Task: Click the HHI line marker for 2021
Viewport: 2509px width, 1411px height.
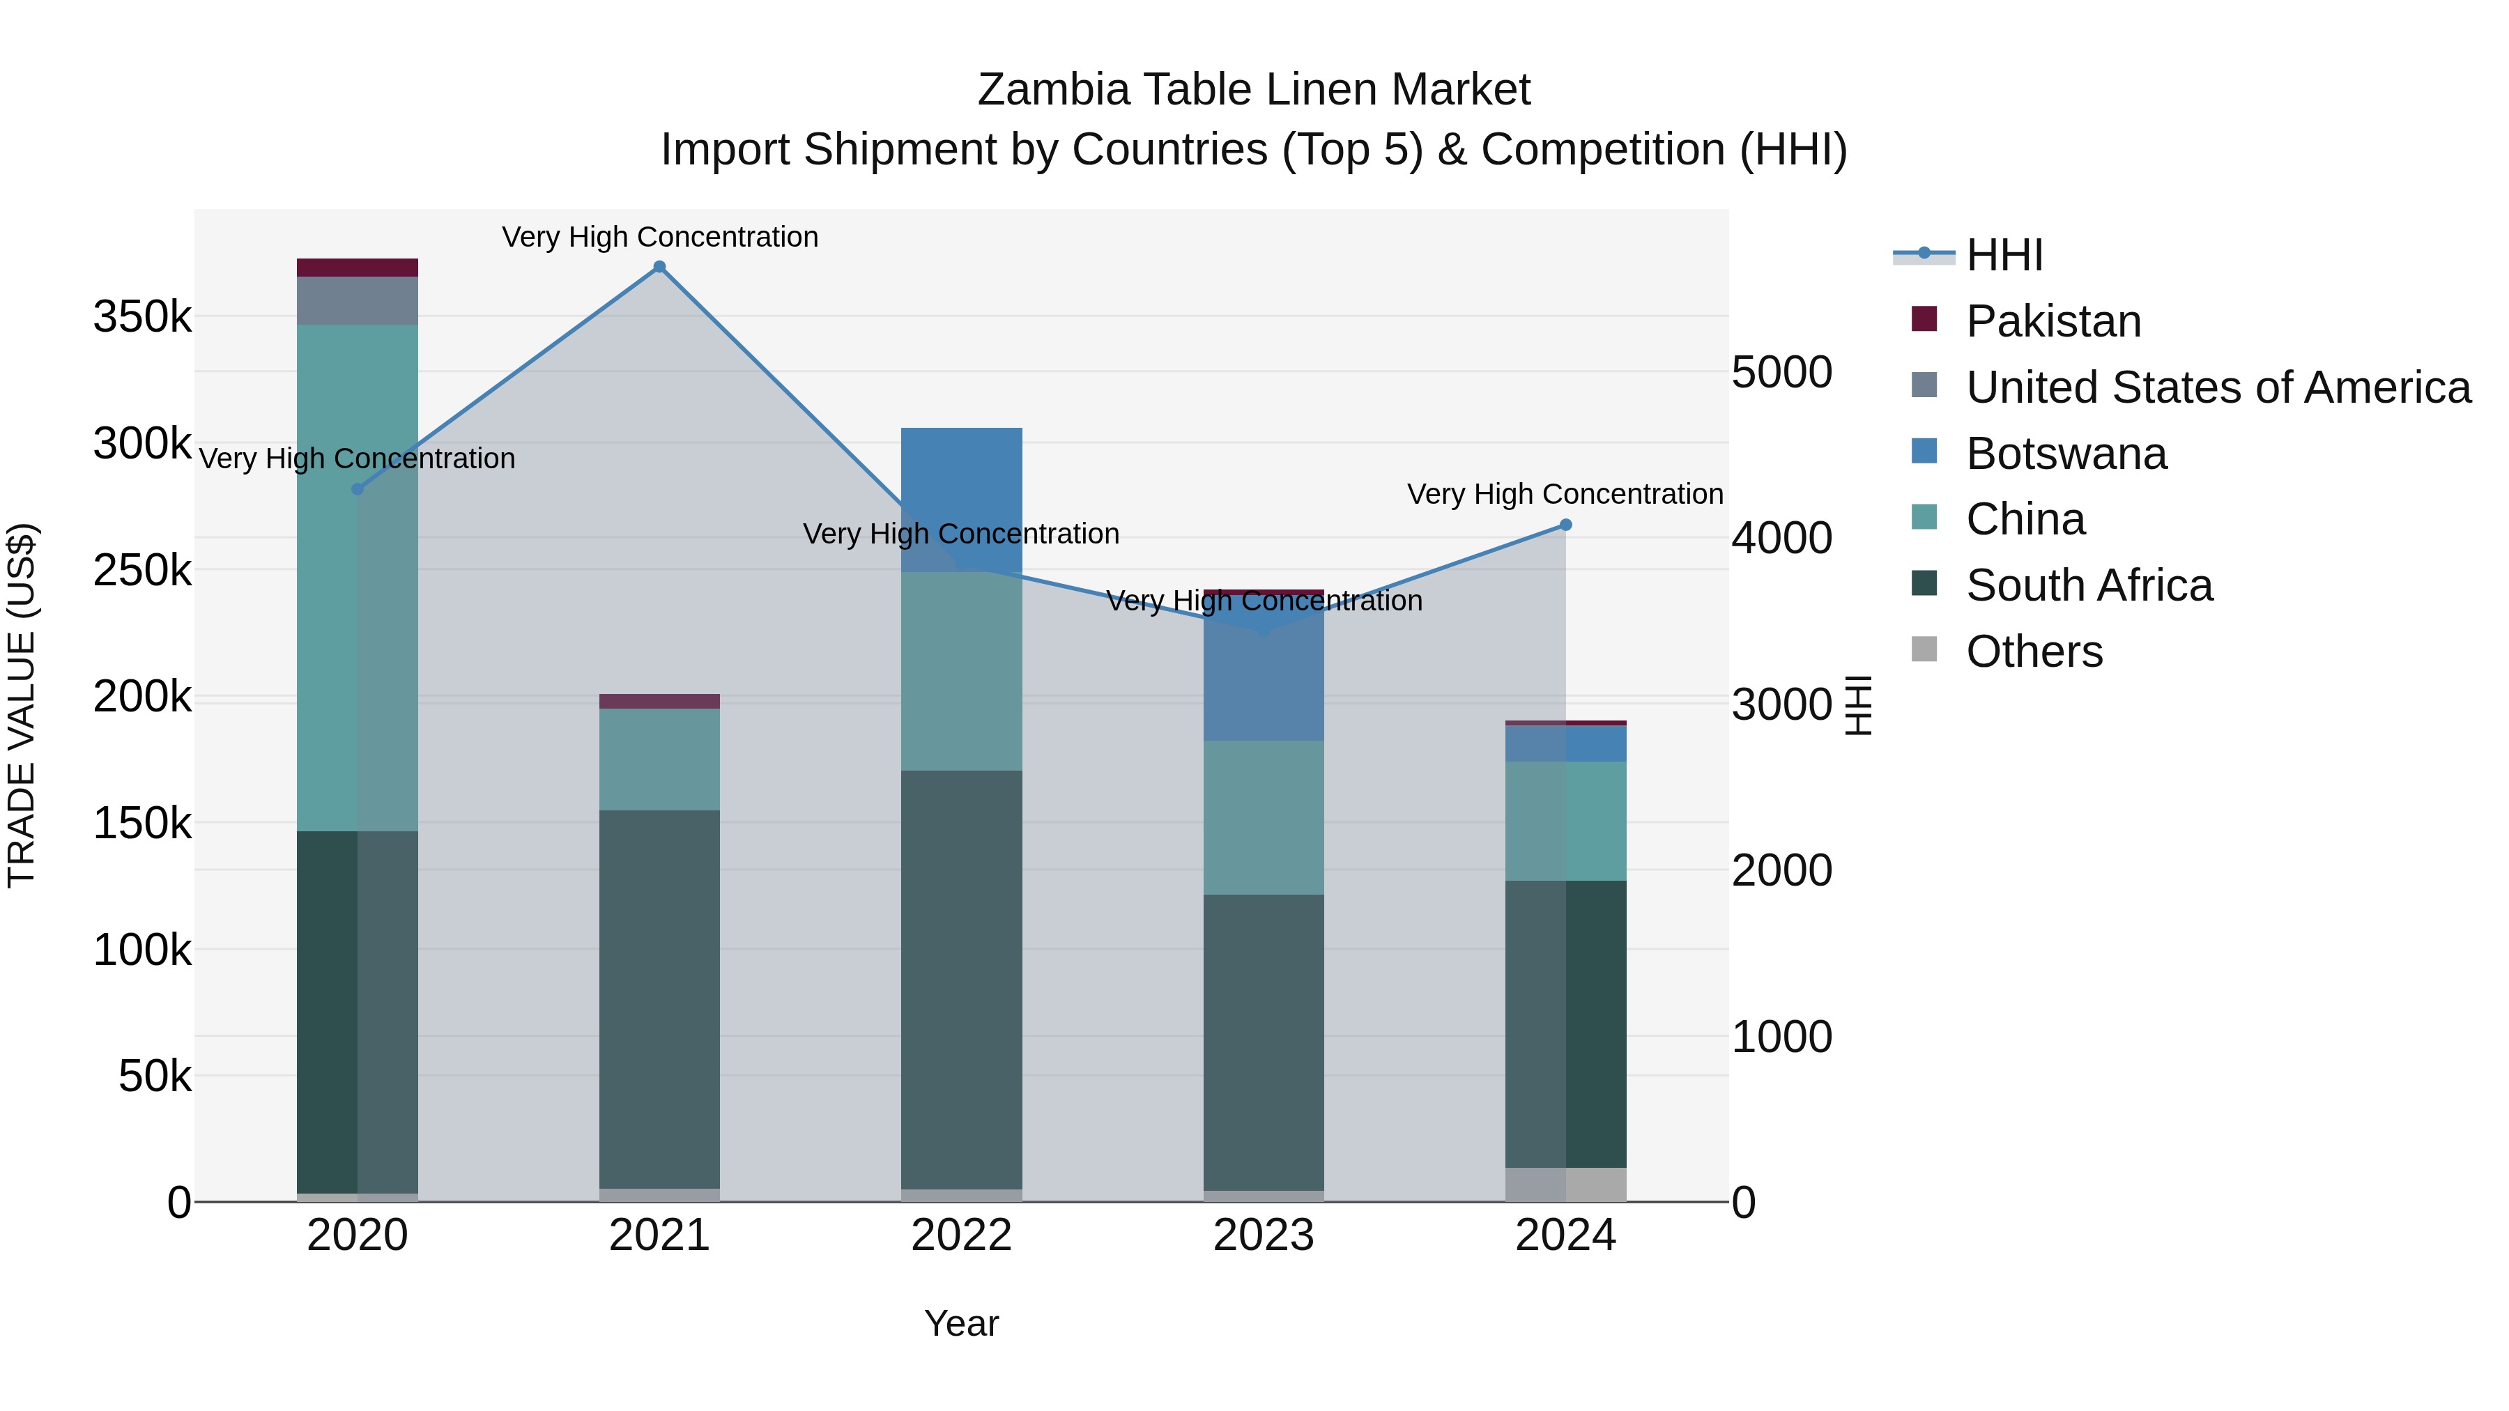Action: click(x=659, y=267)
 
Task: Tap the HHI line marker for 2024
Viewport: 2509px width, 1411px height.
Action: click(x=1565, y=525)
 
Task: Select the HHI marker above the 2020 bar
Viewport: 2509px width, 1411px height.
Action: click(x=358, y=489)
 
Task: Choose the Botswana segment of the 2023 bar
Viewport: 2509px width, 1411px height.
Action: click(x=1264, y=681)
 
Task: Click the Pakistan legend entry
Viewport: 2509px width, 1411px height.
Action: click(x=2053, y=321)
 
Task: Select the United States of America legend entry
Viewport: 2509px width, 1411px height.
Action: click(x=2218, y=387)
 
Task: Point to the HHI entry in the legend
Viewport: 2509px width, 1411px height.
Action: click(x=2004, y=255)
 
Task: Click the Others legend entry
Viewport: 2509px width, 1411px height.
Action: click(x=2034, y=651)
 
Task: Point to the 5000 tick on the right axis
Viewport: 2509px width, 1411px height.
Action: click(x=1781, y=372)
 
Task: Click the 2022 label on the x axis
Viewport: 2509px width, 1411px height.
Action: click(x=961, y=1235)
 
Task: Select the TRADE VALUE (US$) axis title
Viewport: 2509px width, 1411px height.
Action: click(x=22, y=705)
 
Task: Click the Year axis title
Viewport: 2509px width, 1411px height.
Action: click(x=961, y=1323)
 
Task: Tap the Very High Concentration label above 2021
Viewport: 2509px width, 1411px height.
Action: click(x=659, y=237)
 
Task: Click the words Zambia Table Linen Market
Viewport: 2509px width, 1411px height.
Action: click(x=1254, y=90)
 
